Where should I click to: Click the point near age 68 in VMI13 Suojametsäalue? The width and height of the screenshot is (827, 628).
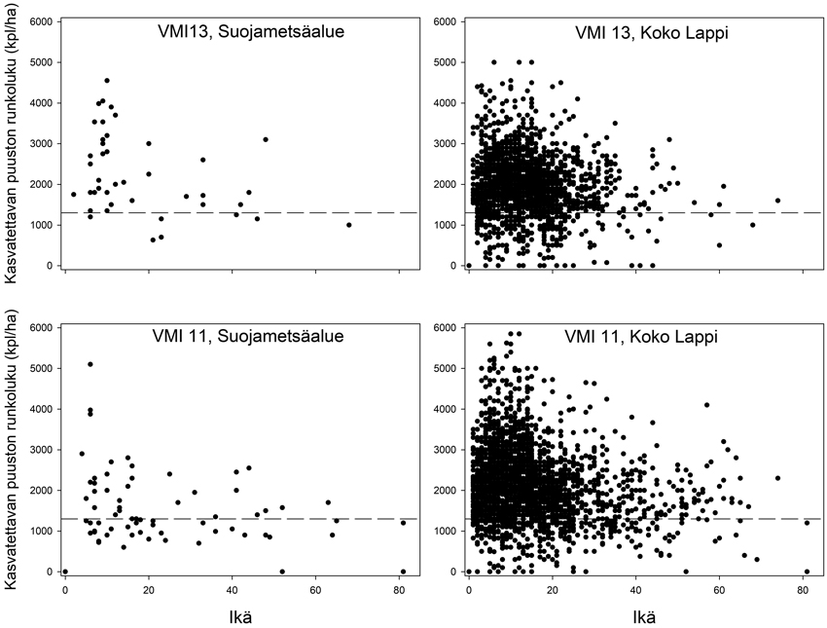coord(349,225)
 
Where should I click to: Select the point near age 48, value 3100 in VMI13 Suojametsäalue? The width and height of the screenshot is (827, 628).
coord(266,139)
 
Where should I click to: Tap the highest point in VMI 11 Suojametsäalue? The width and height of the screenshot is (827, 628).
coord(90,364)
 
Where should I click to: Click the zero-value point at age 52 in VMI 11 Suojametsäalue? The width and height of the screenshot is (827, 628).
coord(282,572)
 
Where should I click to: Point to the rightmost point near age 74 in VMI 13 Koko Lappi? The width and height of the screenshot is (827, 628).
coord(777,201)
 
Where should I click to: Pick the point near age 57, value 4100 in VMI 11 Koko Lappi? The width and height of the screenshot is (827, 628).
coord(707,405)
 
